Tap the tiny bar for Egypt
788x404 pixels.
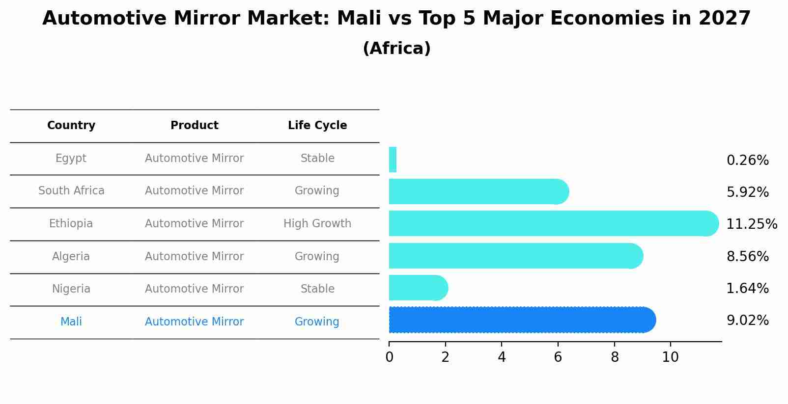pos(393,160)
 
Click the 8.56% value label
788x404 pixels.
pos(747,256)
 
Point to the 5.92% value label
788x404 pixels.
pos(747,192)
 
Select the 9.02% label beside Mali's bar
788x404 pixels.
pos(747,321)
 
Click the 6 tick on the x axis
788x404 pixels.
pos(558,357)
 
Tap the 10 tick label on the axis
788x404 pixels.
pos(670,357)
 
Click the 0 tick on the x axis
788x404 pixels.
pos(389,357)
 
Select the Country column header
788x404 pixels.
pos(71,126)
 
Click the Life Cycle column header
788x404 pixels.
pos(317,126)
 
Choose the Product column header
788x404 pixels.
pos(195,126)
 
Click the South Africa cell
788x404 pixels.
pos(71,190)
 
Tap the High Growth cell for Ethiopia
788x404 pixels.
pos(317,223)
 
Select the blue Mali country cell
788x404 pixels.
pos(71,322)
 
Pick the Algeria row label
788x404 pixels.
pos(71,256)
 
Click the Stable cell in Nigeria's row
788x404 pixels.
pos(317,289)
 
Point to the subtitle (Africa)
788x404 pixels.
pos(396,49)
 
